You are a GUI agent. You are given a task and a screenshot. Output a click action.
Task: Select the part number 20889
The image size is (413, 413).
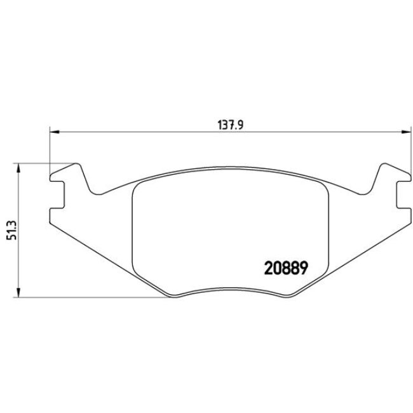click(x=285, y=267)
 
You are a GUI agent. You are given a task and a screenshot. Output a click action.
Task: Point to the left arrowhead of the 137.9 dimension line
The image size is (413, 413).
click(x=54, y=132)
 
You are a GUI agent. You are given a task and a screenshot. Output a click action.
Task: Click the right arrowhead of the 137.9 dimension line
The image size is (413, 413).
click(x=405, y=132)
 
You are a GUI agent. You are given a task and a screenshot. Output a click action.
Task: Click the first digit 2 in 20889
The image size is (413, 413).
click(x=267, y=267)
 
